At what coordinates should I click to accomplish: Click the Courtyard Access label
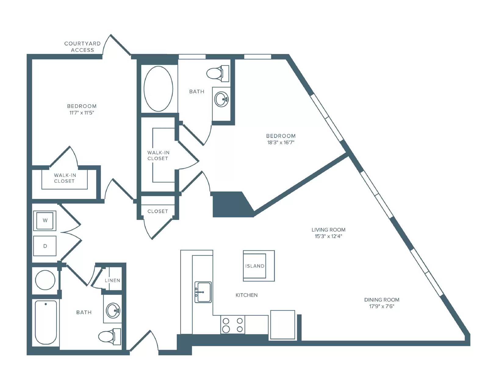(x=82, y=47)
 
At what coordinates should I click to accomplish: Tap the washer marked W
(x=45, y=221)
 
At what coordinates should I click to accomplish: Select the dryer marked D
(x=45, y=246)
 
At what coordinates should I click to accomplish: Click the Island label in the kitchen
(x=255, y=266)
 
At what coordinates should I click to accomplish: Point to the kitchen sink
(x=203, y=292)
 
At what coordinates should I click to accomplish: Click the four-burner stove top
(x=233, y=325)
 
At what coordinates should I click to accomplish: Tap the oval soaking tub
(x=158, y=89)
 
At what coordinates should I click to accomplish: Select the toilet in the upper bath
(x=218, y=73)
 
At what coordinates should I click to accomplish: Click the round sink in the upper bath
(x=221, y=99)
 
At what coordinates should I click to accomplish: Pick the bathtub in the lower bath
(x=46, y=322)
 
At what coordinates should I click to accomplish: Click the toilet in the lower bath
(x=109, y=337)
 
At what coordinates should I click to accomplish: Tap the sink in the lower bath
(x=113, y=310)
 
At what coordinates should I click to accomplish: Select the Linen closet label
(x=113, y=280)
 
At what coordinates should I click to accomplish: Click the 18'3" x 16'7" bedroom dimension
(x=281, y=142)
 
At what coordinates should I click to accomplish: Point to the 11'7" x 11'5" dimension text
(x=82, y=113)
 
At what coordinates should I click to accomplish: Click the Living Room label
(x=328, y=230)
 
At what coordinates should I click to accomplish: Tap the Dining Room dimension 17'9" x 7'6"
(x=382, y=306)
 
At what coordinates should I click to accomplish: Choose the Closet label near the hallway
(x=158, y=211)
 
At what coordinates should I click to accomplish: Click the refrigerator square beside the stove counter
(x=282, y=325)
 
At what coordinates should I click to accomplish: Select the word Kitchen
(x=246, y=295)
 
